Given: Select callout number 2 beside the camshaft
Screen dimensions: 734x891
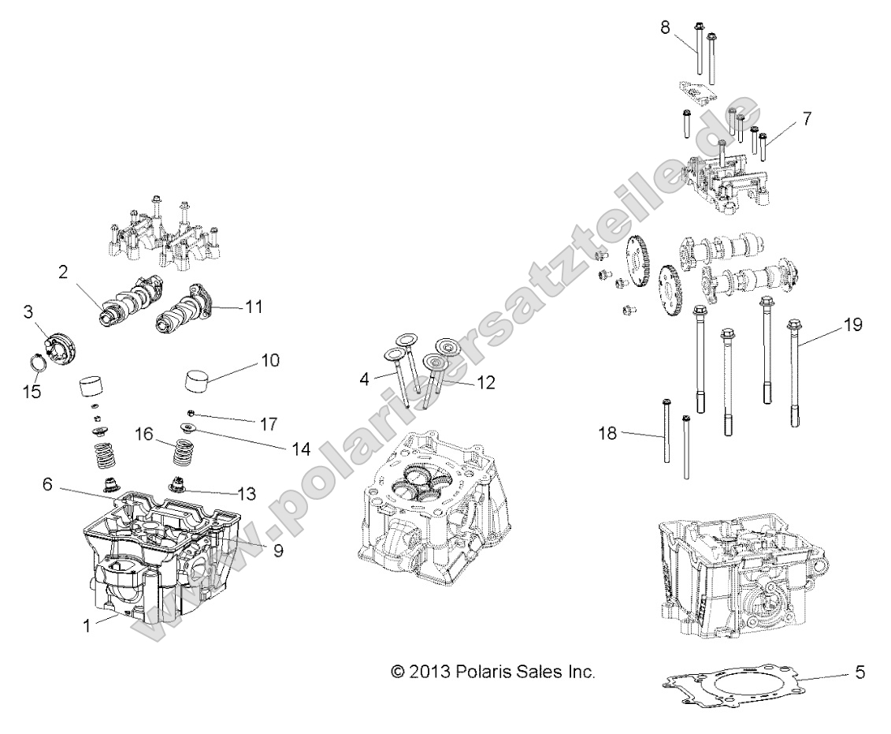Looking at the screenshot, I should pyautogui.click(x=63, y=273).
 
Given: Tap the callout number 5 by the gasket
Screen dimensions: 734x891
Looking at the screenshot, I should pyautogui.click(x=860, y=673).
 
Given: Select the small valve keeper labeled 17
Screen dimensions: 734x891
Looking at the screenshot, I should pyautogui.click(x=191, y=412).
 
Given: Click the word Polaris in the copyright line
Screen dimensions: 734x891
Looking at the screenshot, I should pyautogui.click(x=484, y=673).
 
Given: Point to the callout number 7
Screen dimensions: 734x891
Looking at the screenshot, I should pyautogui.click(x=807, y=118).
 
